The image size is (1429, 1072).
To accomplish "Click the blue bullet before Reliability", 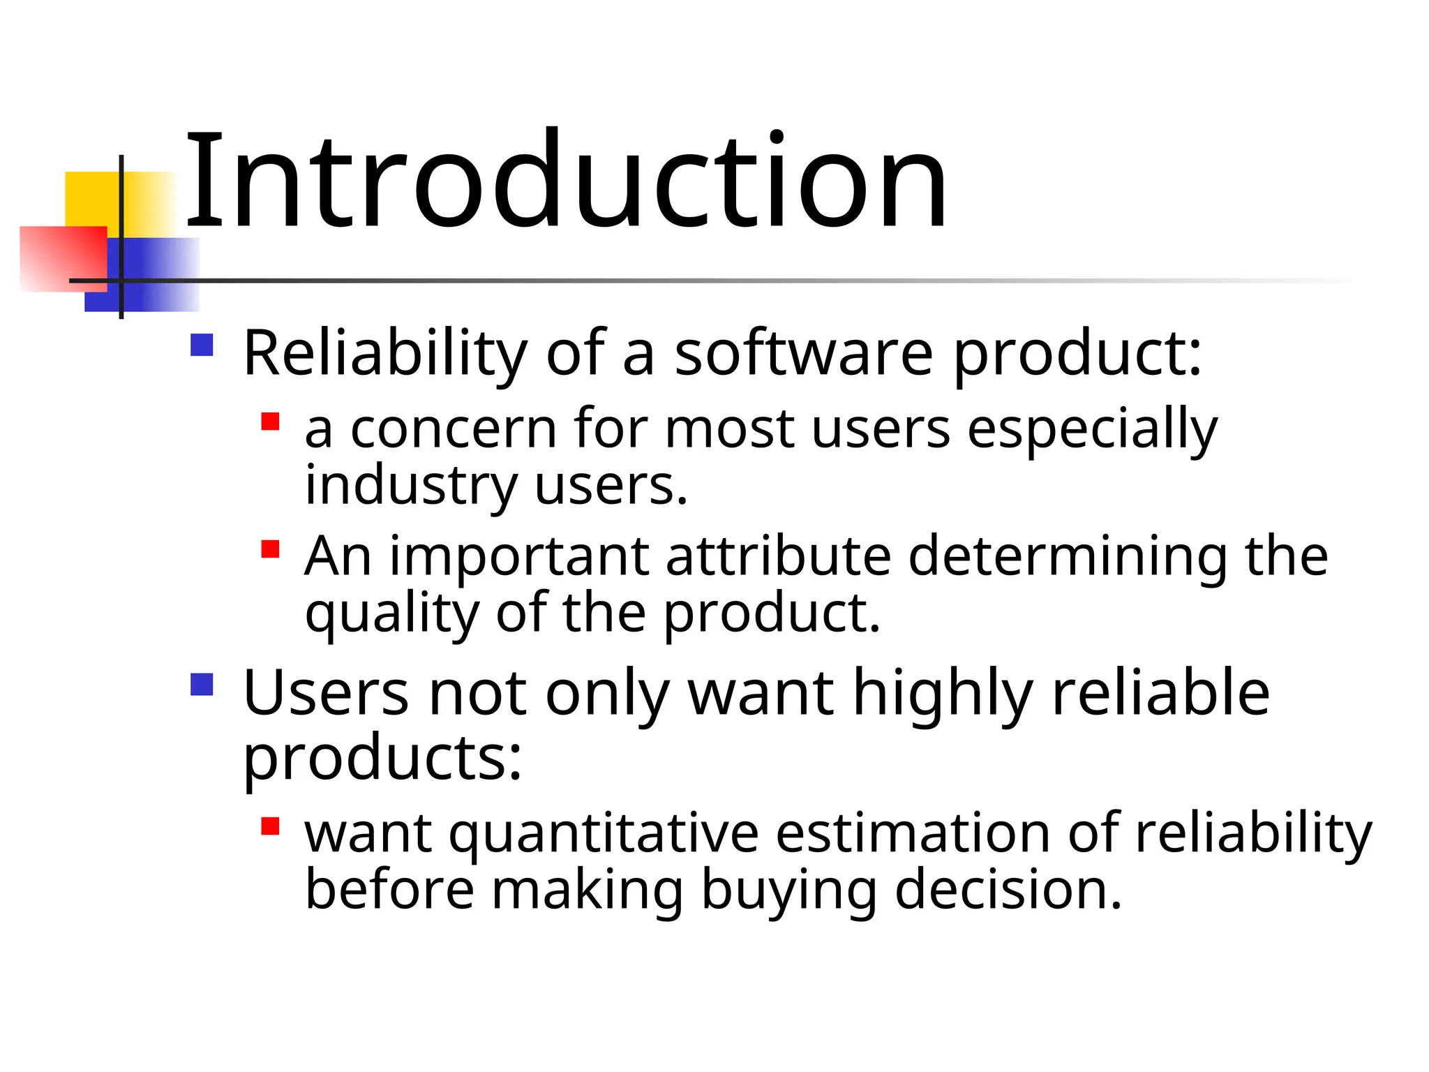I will point(202,345).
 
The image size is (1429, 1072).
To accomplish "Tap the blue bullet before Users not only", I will point(202,684).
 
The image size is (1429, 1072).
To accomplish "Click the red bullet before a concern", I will point(270,422).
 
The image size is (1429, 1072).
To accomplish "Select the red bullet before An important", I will point(270,549).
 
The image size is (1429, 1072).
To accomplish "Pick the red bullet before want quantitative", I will point(270,826).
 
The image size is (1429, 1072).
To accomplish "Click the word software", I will point(803,353).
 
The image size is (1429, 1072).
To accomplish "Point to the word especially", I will point(1092,429).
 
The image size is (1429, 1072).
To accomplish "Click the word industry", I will point(412,486).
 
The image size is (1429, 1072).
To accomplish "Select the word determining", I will point(1068,558).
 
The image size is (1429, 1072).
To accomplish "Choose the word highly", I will point(943,694).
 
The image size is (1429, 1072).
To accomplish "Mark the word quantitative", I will point(604,835).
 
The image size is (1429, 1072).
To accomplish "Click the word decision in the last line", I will point(1008,891).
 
